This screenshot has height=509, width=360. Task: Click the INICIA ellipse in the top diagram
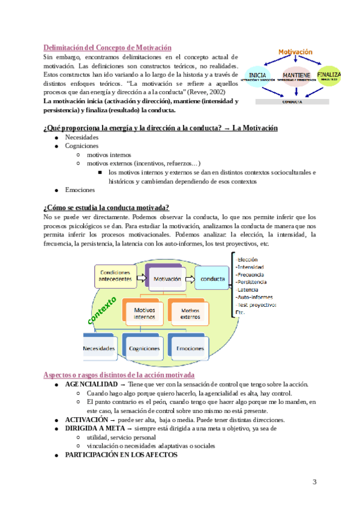pos(259,77)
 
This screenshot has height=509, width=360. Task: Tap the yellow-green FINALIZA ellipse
pos(329,75)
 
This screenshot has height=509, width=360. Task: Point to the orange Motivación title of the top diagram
pos(295,52)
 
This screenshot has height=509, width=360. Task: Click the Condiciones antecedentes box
pos(115,276)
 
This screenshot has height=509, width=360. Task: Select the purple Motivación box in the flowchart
pos(163,278)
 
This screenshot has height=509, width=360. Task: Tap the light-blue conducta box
pos(212,279)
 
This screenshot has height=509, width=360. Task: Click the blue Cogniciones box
pos(143,348)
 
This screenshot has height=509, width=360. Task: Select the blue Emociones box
pos(190,348)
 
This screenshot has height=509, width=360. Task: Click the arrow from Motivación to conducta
pos(189,279)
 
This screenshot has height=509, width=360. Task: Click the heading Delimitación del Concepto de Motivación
pos(108,47)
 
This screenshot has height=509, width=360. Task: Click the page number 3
pos(314,482)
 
